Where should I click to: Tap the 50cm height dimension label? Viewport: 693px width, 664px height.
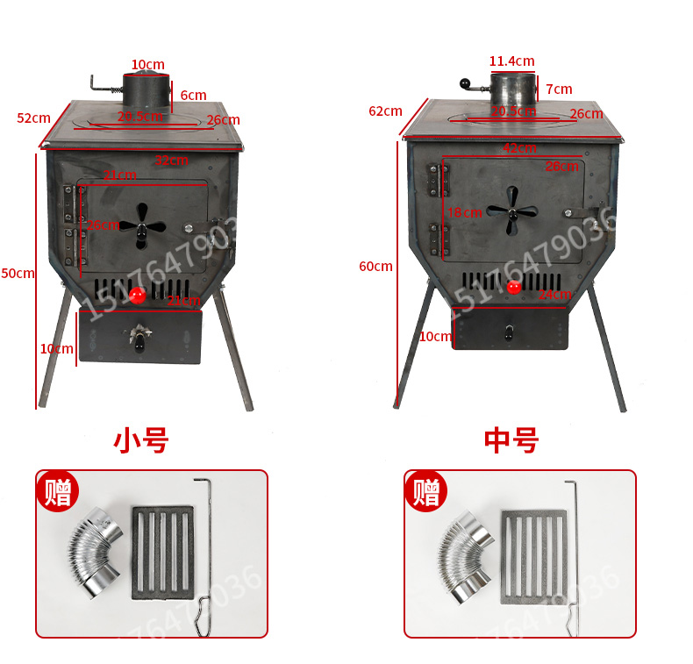[18, 273]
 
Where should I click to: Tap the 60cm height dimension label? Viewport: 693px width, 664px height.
[375, 266]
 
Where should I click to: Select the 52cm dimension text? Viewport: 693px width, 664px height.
[34, 118]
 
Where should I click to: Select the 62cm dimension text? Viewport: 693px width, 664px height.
[385, 111]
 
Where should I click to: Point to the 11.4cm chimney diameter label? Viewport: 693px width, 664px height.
[511, 61]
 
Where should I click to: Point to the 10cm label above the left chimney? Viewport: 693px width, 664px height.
[147, 65]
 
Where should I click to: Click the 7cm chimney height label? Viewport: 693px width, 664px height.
[559, 89]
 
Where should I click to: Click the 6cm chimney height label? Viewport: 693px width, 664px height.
[193, 95]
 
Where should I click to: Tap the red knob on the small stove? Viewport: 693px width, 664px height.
[137, 295]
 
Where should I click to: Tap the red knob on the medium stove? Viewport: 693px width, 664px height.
[513, 287]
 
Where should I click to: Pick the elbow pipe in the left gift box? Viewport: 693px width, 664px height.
[95, 554]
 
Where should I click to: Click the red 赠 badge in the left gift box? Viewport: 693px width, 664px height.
[58, 493]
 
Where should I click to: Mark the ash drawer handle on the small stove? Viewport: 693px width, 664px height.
[139, 337]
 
